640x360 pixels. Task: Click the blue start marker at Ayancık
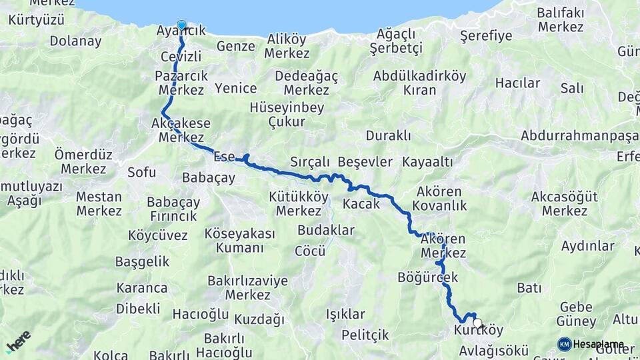point(181,24)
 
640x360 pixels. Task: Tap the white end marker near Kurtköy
point(477,323)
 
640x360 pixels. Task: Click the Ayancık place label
point(181,31)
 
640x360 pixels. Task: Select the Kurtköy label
point(479,330)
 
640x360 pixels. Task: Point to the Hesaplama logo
point(592,344)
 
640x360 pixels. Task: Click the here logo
point(18,341)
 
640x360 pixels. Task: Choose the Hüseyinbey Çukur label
point(287,114)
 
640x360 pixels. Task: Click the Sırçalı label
point(310,162)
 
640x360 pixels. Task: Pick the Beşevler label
point(365,162)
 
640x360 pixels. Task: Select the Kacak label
point(361,203)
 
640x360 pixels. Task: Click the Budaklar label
point(326,230)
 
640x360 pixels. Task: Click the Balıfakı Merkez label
point(561,20)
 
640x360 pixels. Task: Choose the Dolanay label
point(75,41)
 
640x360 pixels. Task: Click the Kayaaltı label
point(428,162)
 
